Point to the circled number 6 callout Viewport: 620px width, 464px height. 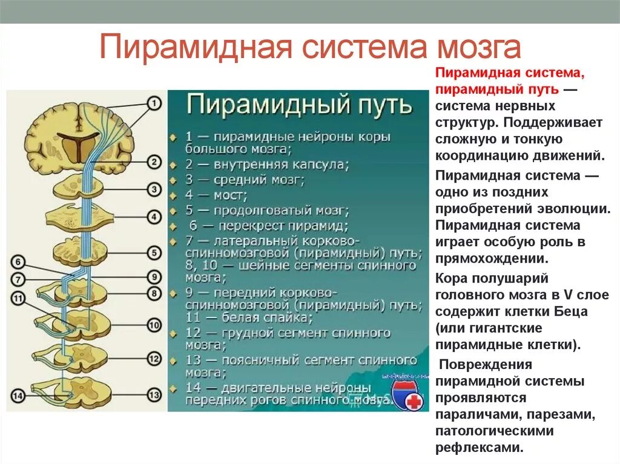click(x=18, y=262)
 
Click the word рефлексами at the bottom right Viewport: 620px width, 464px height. click(x=478, y=448)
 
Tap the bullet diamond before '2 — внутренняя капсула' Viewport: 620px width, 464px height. click(x=174, y=165)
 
